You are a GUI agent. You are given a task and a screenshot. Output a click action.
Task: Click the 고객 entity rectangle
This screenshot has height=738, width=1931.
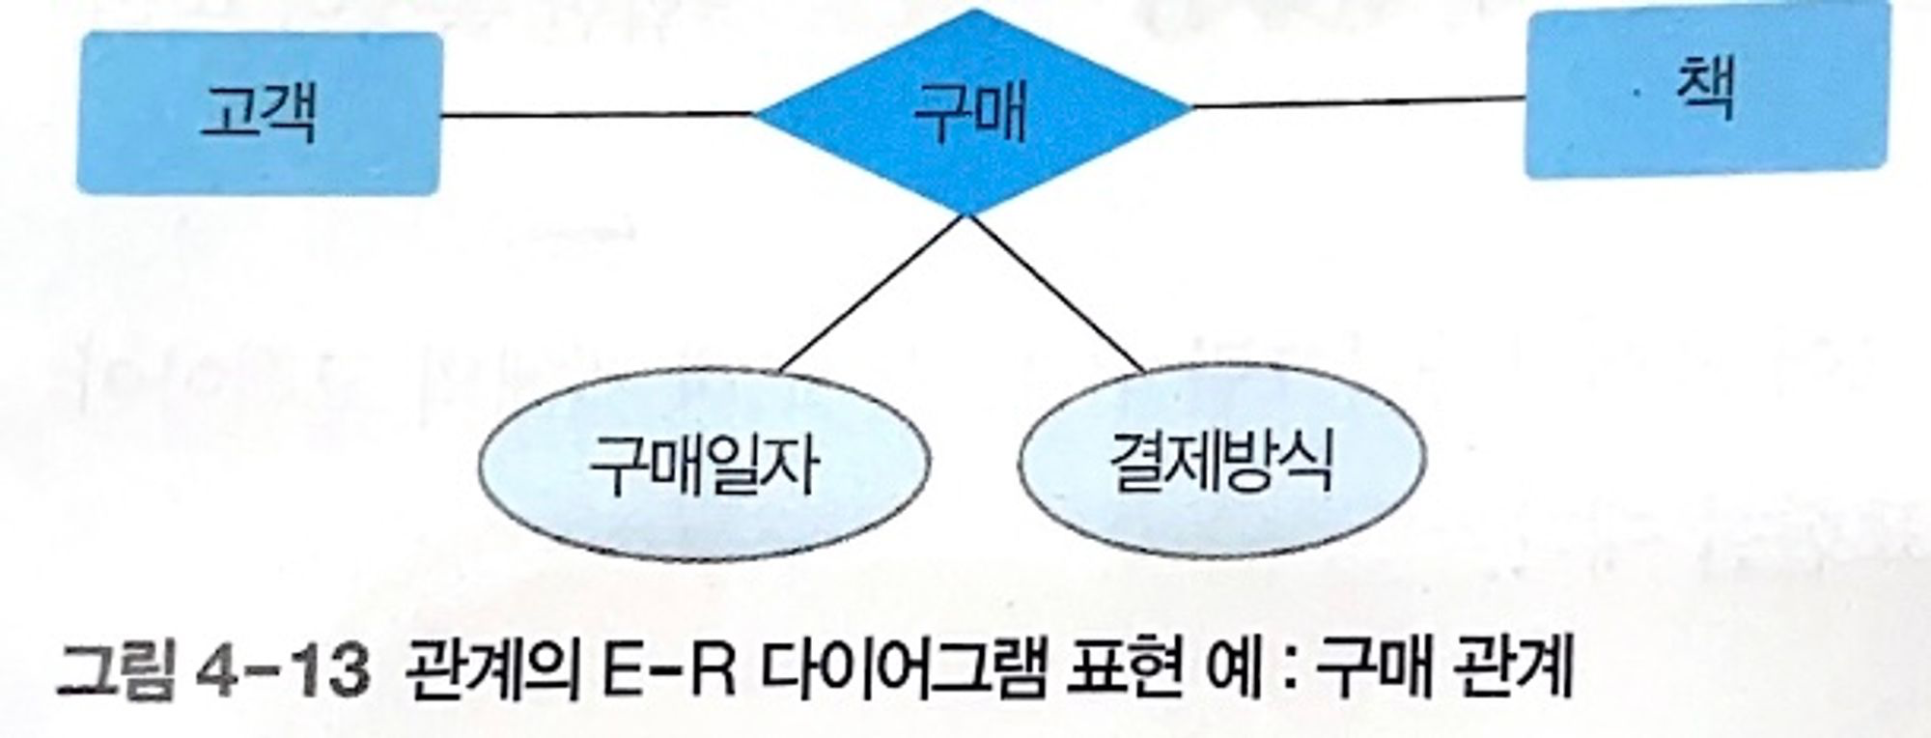point(259,113)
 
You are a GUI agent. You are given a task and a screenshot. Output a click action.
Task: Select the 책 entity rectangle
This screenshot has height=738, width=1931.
point(1706,90)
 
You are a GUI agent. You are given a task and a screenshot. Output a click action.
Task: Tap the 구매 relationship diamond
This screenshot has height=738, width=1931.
point(971,111)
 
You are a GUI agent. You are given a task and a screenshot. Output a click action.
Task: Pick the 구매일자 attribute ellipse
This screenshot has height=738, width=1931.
point(704,464)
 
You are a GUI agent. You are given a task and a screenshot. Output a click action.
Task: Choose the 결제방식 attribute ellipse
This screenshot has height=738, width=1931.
point(1221,462)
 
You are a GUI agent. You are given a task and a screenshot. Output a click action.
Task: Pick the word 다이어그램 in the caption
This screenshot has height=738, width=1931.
point(902,668)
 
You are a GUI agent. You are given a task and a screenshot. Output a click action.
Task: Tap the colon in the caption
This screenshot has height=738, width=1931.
point(1286,670)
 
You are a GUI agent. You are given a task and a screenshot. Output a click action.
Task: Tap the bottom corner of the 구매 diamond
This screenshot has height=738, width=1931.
point(966,213)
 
